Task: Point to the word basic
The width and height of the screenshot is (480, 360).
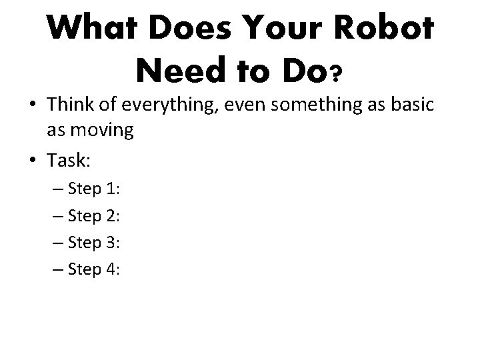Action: coord(413,105)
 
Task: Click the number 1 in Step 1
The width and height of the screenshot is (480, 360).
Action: coord(110,189)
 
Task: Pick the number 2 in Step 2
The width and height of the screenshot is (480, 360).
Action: coord(110,216)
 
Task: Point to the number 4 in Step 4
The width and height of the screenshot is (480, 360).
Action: coord(110,269)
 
